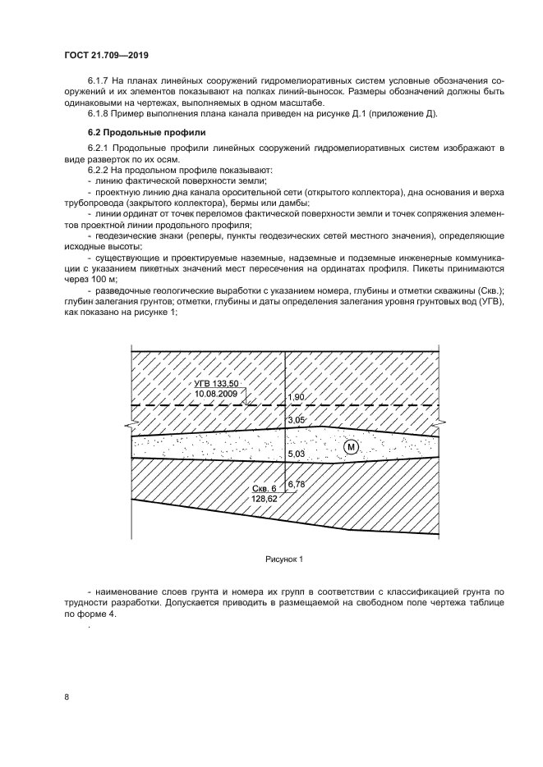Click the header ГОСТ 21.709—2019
(x=106, y=55)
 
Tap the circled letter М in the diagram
(x=352, y=447)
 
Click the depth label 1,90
(x=296, y=397)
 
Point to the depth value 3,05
(x=296, y=420)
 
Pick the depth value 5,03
(x=296, y=454)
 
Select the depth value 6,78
(x=296, y=484)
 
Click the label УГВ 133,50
(x=216, y=384)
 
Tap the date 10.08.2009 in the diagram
(x=216, y=395)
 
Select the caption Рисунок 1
(x=284, y=559)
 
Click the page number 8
(x=66, y=696)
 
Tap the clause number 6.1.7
(x=99, y=81)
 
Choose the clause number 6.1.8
(x=99, y=113)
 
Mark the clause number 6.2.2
(x=99, y=169)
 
